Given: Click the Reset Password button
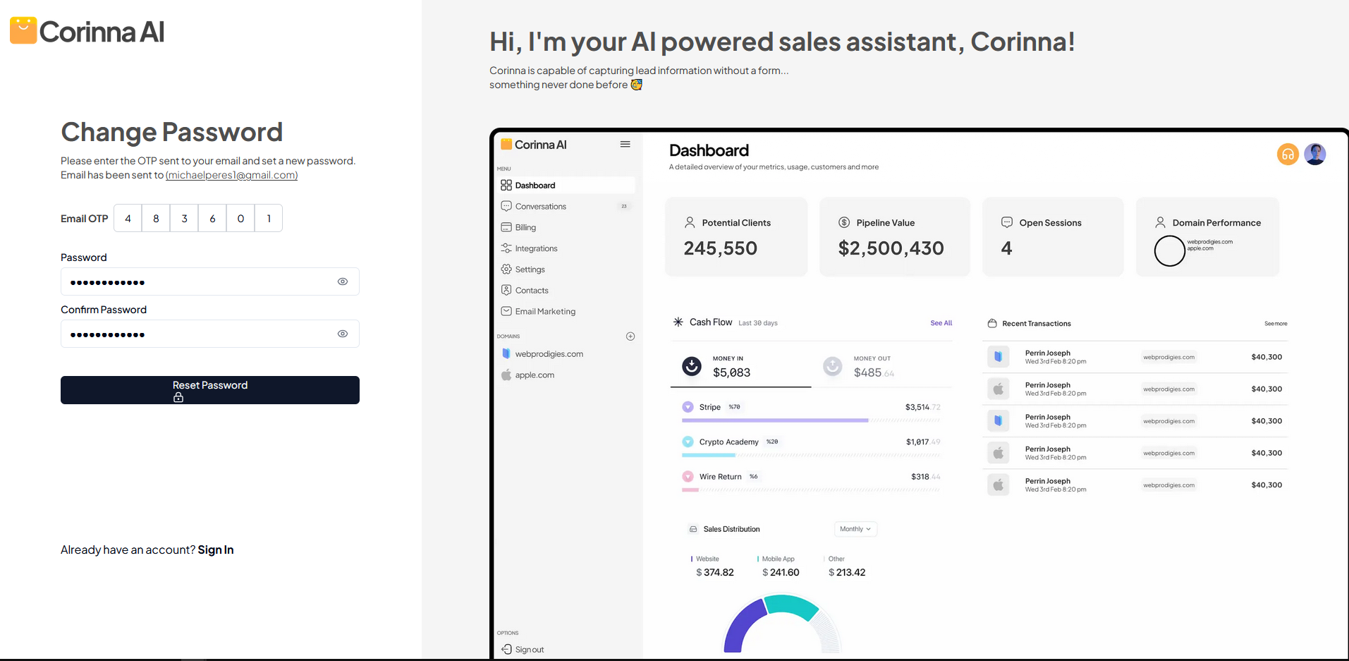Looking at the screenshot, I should tap(209, 390).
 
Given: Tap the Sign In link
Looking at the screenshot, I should tap(215, 550).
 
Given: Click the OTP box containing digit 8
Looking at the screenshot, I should tap(156, 219).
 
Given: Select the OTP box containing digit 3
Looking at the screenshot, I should tap(184, 219).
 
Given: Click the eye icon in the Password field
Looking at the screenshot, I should tap(343, 281).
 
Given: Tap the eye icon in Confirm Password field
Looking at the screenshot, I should tap(343, 334).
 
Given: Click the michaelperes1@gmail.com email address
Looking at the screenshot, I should tap(231, 175).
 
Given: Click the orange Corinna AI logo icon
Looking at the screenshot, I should tap(23, 30).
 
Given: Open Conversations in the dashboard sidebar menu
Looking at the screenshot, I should tap(540, 207).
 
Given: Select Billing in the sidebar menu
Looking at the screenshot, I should tap(525, 227).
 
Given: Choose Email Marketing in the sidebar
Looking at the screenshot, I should tap(544, 311).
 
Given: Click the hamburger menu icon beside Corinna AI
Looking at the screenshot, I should tap(625, 144).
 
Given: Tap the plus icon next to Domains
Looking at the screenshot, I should tap(630, 336).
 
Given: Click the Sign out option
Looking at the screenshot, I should tap(529, 650).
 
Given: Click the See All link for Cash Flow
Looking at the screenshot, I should tap(941, 323).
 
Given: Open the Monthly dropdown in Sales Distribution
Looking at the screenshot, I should tap(855, 529).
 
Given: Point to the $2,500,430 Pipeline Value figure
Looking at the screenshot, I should tap(891, 248).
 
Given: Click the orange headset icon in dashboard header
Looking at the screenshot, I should tap(1288, 154).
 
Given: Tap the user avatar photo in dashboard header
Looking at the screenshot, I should tap(1315, 154).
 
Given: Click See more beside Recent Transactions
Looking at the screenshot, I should tap(1275, 324).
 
